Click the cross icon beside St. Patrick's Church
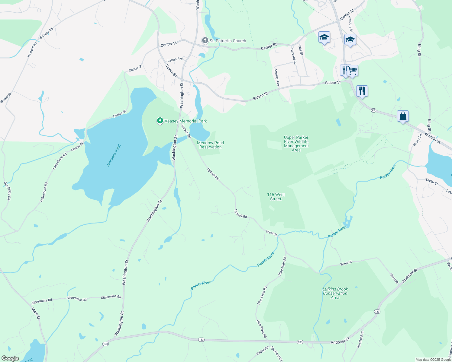point(205,40)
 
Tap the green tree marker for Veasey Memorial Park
point(160,121)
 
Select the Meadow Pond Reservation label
point(211,145)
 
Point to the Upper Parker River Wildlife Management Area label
point(296,144)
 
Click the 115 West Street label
point(276,197)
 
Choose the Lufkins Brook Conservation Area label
point(335,293)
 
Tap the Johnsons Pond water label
point(114,155)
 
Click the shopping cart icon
point(353,71)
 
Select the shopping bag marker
point(403,116)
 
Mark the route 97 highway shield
point(374,110)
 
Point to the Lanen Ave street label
point(175,60)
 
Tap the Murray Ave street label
point(276,78)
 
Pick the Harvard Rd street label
point(294,56)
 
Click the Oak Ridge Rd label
point(8,191)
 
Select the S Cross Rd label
point(47,33)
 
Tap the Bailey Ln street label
point(417,140)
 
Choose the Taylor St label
point(431,181)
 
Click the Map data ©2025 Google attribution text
point(433,360)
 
